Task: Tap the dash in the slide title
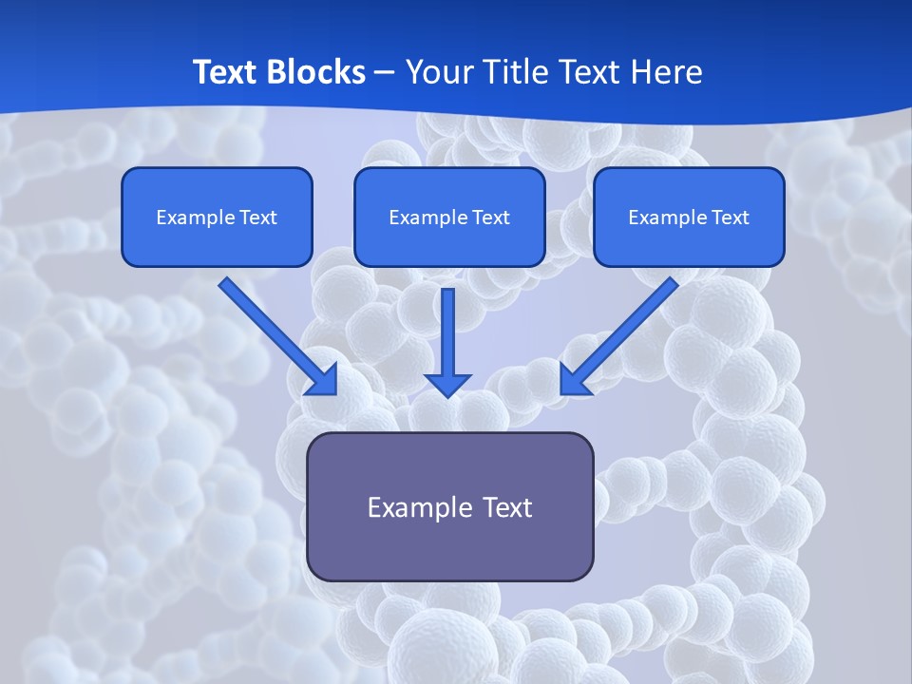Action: [x=385, y=73]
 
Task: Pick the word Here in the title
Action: [x=669, y=72]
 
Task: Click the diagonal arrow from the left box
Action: [x=277, y=335]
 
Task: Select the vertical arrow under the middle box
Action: [x=447, y=337]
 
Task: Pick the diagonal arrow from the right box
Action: [x=619, y=335]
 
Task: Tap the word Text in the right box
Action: [x=731, y=218]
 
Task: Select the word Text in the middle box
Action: [x=490, y=218]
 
